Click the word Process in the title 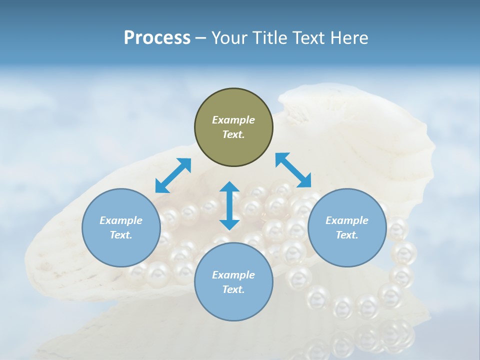coord(157,38)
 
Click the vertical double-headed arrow coord(229,205)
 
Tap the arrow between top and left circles coord(173,175)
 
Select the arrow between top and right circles coord(293,170)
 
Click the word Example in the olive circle coord(233,120)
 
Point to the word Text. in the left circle coord(121,235)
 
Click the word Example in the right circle coord(347,220)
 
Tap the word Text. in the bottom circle coord(233,289)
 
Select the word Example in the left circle coord(121,220)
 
